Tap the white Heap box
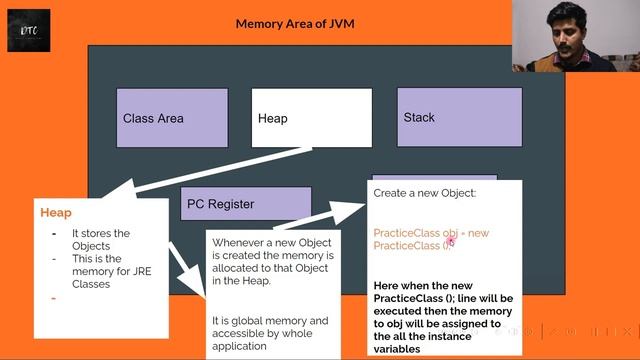(311, 118)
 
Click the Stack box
(459, 117)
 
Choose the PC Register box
(245, 204)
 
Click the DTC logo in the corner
(28, 30)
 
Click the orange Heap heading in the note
(56, 213)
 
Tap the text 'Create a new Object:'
(425, 192)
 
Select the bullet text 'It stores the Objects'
(100, 240)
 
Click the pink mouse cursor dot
(451, 240)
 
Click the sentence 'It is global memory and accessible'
(270, 333)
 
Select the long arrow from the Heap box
(200, 171)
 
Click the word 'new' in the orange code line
(479, 233)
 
